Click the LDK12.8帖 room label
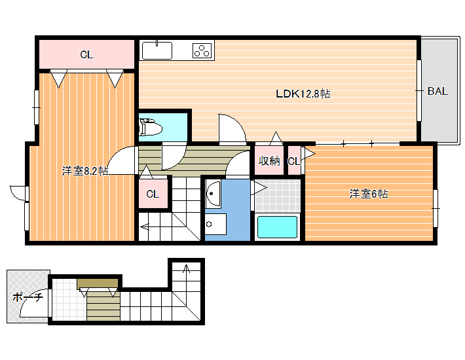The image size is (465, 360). click(x=303, y=94)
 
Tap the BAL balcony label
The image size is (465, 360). click(x=437, y=91)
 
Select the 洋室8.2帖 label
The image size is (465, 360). click(x=85, y=171)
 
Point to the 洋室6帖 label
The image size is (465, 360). click(x=368, y=194)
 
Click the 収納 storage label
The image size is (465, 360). click(x=269, y=161)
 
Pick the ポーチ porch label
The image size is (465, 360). click(x=28, y=297)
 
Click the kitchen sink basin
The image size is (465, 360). click(x=157, y=50)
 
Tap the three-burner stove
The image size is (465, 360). click(x=203, y=50)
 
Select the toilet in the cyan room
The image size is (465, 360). click(x=151, y=128)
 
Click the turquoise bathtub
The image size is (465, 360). click(x=277, y=227)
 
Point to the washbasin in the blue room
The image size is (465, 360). click(x=213, y=194)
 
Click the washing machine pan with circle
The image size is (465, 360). click(x=215, y=224)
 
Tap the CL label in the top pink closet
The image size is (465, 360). click(x=86, y=54)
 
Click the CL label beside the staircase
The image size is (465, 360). click(x=153, y=194)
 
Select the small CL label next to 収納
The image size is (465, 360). click(x=294, y=161)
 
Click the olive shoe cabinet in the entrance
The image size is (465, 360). click(x=98, y=283)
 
